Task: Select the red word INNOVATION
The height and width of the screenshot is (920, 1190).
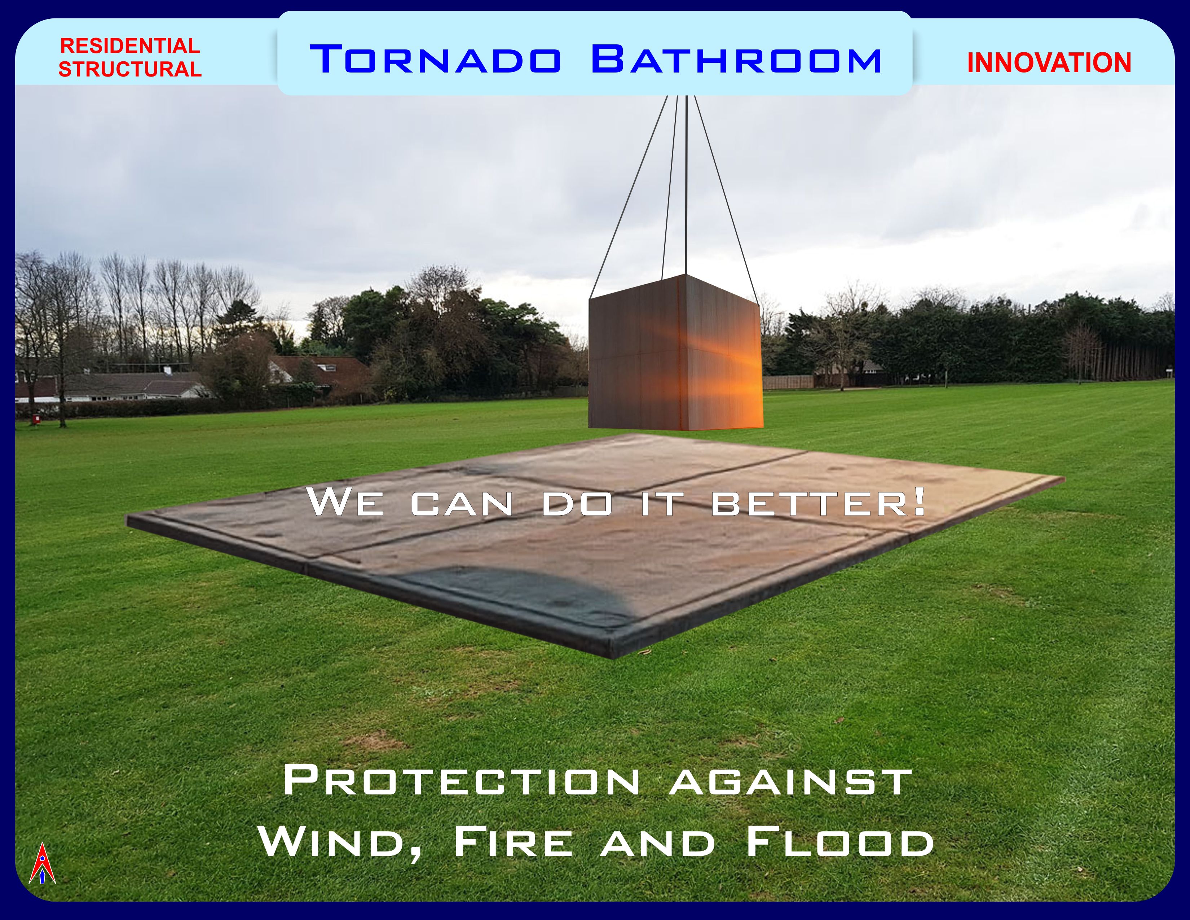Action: tap(1049, 63)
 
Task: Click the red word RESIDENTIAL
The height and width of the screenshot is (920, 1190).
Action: tap(130, 46)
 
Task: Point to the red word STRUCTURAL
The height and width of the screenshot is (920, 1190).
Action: tap(130, 69)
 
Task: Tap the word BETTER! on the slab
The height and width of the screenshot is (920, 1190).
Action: tap(819, 503)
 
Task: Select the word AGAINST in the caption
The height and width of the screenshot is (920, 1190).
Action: tap(791, 780)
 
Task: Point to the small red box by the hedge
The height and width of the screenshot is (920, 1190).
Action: tap(36, 419)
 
